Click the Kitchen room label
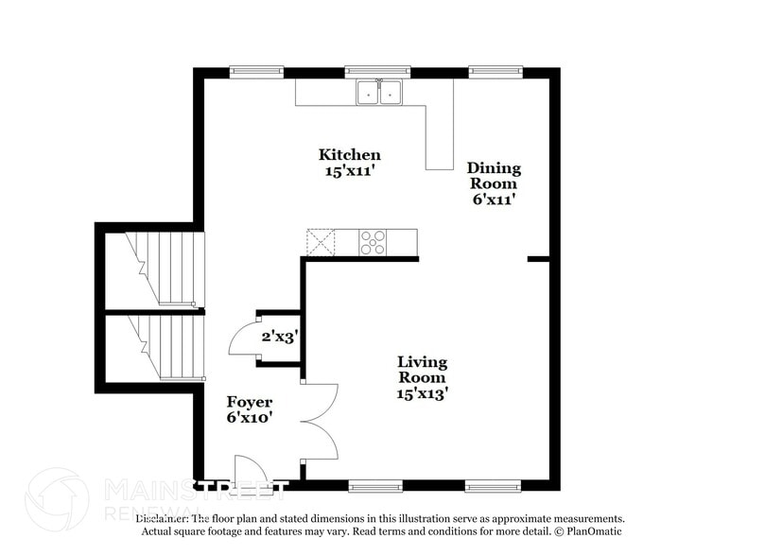point(349,162)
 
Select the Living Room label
point(422,377)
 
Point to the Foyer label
point(249,409)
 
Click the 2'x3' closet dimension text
point(280,336)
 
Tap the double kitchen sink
point(378,92)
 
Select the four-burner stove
point(373,243)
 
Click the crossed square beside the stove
point(320,243)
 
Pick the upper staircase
point(166,269)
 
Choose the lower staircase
point(166,347)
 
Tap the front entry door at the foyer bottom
point(250,472)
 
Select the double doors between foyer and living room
point(319,422)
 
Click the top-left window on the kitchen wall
point(256,72)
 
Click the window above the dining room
point(496,72)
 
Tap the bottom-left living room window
point(375,486)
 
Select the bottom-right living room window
point(493,486)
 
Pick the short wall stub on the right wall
point(538,258)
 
